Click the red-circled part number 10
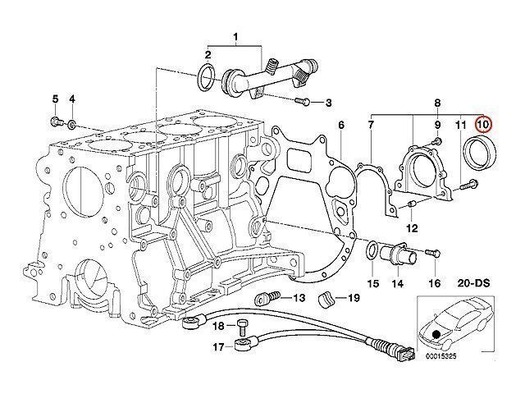click(x=483, y=124)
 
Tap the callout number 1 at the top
click(x=236, y=37)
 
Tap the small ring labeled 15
click(x=372, y=249)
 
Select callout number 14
click(x=398, y=284)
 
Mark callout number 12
click(x=412, y=227)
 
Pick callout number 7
click(x=371, y=125)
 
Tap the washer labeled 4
click(x=72, y=124)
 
